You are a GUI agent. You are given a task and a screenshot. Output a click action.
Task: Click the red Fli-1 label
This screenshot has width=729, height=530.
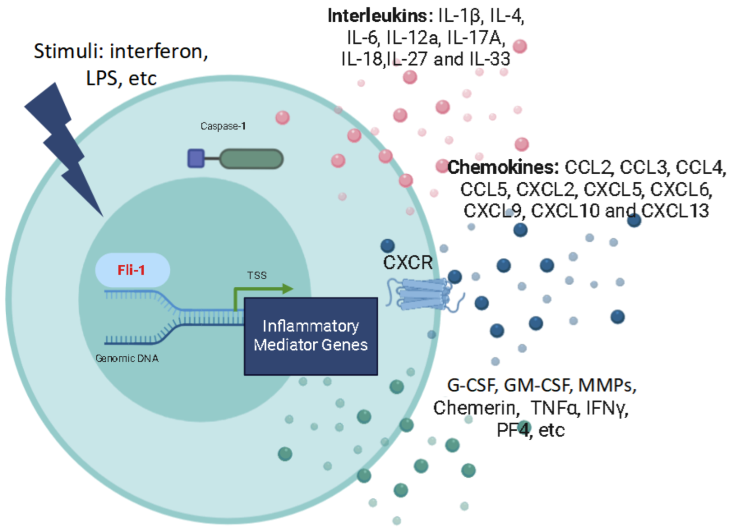(131, 270)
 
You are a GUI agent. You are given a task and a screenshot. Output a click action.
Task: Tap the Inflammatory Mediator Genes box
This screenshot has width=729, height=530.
(310, 336)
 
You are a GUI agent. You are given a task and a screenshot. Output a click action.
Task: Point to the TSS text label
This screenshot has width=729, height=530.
(257, 275)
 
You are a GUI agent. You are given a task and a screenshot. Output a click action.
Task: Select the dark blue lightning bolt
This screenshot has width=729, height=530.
(62, 146)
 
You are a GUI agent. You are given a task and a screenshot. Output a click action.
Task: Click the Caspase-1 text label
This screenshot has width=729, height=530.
(223, 126)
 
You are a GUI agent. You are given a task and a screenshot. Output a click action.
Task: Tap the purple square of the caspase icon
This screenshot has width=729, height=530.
(196, 158)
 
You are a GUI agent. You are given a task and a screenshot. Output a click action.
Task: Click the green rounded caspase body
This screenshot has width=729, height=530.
(251, 159)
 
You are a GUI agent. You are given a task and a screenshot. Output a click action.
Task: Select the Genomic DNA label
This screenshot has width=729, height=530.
(127, 358)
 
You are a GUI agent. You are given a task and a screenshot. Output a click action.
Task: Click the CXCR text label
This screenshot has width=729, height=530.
(408, 262)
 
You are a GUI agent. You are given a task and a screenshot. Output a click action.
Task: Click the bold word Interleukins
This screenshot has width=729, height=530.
(377, 16)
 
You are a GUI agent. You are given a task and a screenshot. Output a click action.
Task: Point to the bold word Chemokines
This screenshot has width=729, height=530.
(503, 167)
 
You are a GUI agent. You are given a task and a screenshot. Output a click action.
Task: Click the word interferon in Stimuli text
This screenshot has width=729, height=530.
(159, 51)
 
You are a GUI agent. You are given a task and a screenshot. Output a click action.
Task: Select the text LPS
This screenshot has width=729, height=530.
(103, 78)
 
